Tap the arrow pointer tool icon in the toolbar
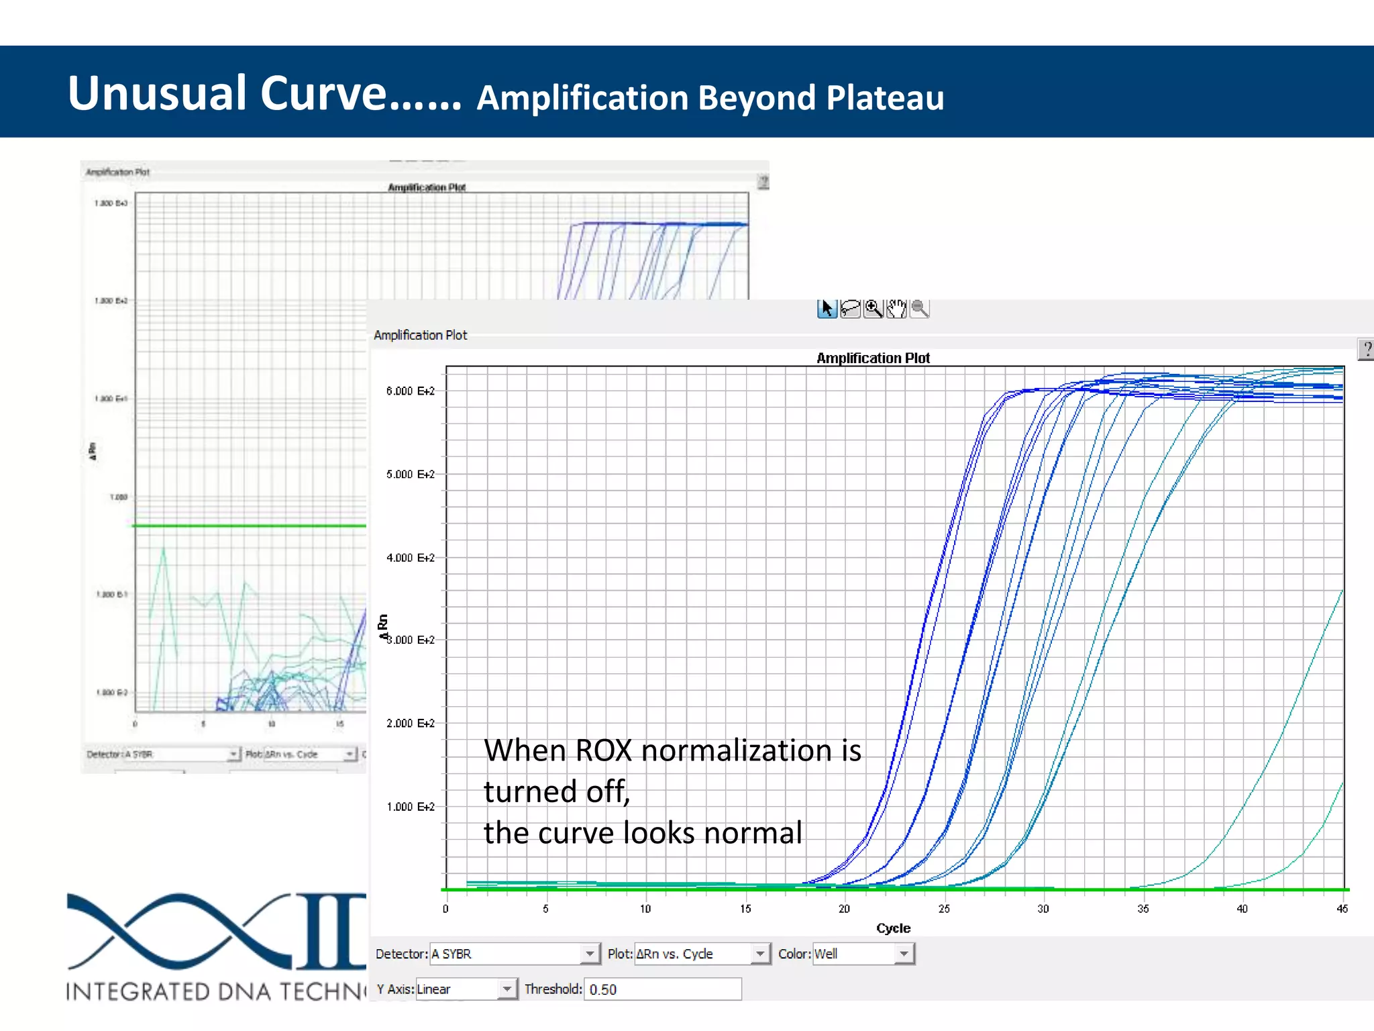(827, 309)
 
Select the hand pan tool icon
(896, 309)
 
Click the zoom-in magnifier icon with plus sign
(873, 309)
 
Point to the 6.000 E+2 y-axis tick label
(410, 391)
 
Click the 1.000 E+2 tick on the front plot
(410, 807)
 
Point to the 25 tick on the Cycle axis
(943, 909)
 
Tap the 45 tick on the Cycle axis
(1341, 909)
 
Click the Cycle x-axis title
(893, 928)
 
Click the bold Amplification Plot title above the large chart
(872, 358)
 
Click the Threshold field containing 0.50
(662, 989)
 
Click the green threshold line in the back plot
(248, 526)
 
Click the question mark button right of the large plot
(1366, 349)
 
